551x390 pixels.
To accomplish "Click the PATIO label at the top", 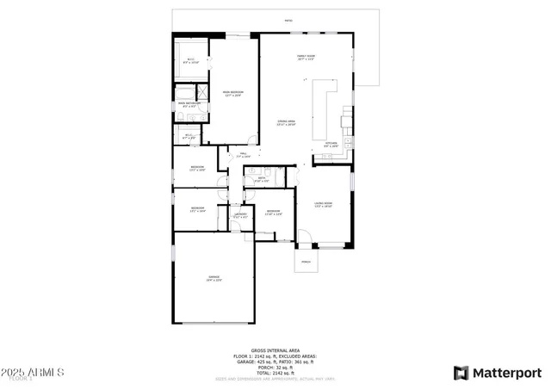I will pos(288,21).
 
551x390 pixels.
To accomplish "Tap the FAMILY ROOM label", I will pos(306,58).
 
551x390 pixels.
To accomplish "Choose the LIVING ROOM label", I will pos(323,205).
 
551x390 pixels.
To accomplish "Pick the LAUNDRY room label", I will pos(241,215).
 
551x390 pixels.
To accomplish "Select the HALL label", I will pos(244,156).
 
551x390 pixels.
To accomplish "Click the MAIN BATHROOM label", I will pos(189,105).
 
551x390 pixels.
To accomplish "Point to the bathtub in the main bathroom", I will pos(185,94).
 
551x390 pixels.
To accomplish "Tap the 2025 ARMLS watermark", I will pos(34,373).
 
